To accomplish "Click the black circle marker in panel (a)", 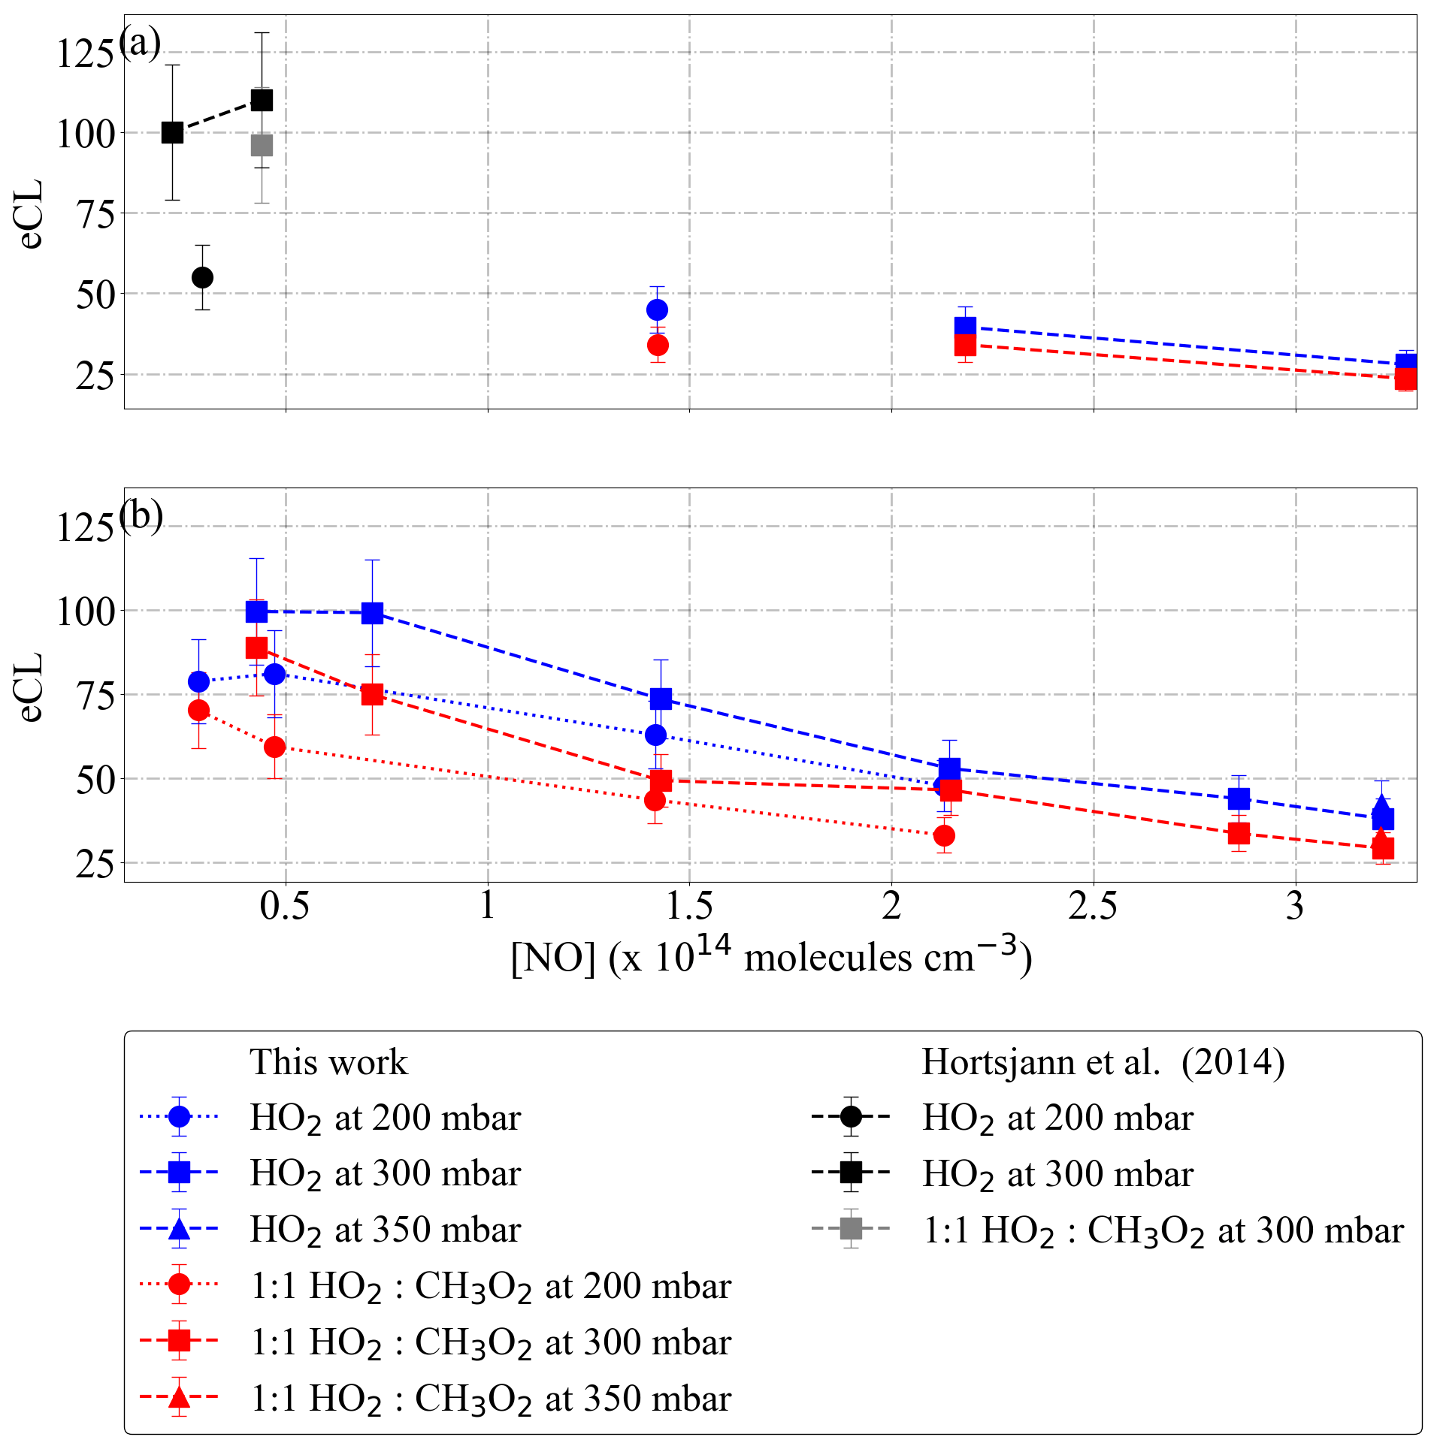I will [202, 277].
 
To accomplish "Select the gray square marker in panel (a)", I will [262, 145].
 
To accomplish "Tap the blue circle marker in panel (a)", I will [657, 309].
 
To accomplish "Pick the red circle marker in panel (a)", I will [658, 345].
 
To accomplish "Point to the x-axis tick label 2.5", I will [1093, 907].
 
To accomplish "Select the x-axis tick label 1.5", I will [689, 907].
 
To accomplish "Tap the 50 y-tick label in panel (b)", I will [95, 780].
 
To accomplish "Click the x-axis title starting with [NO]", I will [770, 956].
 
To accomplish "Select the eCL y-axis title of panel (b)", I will [31, 687].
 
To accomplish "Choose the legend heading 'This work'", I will [328, 1062].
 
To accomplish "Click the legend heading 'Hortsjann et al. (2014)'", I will [1103, 1062].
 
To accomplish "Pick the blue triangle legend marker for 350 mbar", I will [179, 1229].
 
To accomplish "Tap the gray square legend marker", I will [851, 1229].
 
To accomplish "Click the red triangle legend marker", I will [179, 1398].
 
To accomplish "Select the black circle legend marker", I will [851, 1117].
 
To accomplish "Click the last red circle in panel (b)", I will [944, 835].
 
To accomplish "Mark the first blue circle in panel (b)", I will [198, 681].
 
